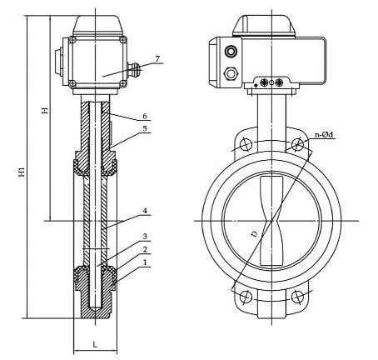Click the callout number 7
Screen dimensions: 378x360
point(157,59)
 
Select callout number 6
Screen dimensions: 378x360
point(145,116)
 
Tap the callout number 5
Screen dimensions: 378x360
point(145,129)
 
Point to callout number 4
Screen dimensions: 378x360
point(145,211)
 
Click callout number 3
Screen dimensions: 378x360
point(145,237)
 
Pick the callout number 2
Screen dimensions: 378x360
point(145,249)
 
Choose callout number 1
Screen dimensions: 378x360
point(145,262)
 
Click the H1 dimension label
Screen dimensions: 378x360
point(22,172)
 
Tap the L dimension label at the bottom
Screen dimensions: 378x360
point(95,345)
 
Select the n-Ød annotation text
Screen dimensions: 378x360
point(324,135)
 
